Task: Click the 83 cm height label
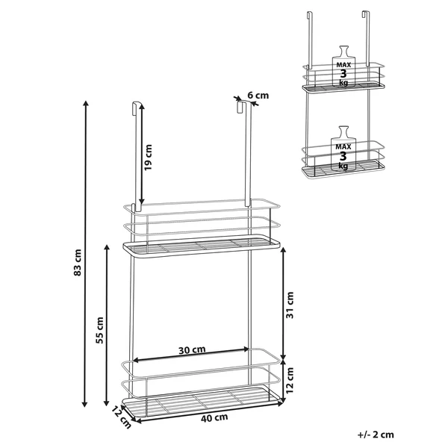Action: pyautogui.click(x=78, y=263)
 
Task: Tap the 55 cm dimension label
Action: pyautogui.click(x=100, y=330)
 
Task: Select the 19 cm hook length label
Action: pyautogui.click(x=148, y=158)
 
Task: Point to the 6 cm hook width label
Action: pyautogui.click(x=258, y=95)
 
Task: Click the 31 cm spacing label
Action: pyautogui.click(x=290, y=305)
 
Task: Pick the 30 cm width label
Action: pyautogui.click(x=192, y=349)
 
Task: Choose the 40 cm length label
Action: pyautogui.click(x=214, y=418)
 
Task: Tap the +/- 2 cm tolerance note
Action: pyautogui.click(x=376, y=435)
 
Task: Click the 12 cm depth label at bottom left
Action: pyautogui.click(x=122, y=417)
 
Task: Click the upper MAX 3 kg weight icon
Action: pyautogui.click(x=343, y=66)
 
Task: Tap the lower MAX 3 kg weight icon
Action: pyautogui.click(x=343, y=149)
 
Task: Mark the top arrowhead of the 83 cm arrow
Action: pyautogui.click(x=85, y=102)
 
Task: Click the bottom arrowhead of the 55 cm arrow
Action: pyautogui.click(x=106, y=405)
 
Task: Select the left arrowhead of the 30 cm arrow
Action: pyautogui.click(x=134, y=360)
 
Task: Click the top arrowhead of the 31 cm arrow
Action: pyautogui.click(x=283, y=248)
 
